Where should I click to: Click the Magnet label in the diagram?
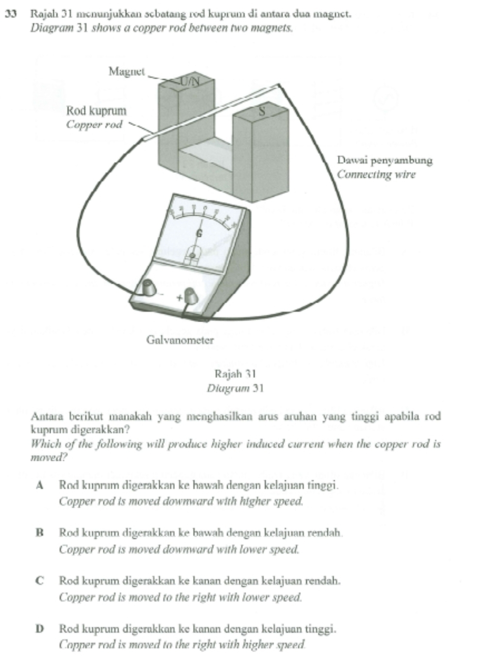pyautogui.click(x=126, y=72)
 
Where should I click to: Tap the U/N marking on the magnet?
pyautogui.click(x=189, y=82)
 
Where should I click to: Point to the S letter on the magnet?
pyautogui.click(x=262, y=111)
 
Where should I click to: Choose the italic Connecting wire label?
pyautogui.click(x=376, y=174)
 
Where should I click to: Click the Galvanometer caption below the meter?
pyautogui.click(x=180, y=340)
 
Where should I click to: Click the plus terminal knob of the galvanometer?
pyautogui.click(x=191, y=295)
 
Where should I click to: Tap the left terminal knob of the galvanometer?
pyautogui.click(x=146, y=287)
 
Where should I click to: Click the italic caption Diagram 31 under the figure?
pyautogui.click(x=235, y=388)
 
